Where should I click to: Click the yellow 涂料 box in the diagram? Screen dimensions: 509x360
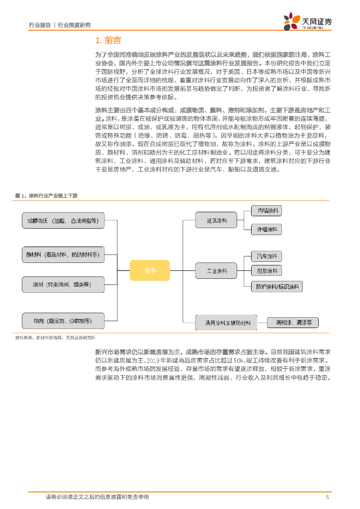[x=150, y=270]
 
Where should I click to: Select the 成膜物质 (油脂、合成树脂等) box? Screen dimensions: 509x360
[x=63, y=220]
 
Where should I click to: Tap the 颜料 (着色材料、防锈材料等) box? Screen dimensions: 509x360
[x=63, y=254]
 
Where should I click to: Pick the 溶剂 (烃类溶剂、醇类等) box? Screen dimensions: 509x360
[x=63, y=284]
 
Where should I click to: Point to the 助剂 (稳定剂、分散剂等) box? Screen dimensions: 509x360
[x=63, y=321]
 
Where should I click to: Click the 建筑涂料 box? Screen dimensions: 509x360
[x=217, y=220]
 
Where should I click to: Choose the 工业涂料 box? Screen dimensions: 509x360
[x=217, y=271]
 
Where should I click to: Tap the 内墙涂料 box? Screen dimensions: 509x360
[x=266, y=211]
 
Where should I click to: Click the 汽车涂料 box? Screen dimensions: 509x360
[x=266, y=256]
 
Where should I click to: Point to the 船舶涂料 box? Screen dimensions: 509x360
[x=266, y=271]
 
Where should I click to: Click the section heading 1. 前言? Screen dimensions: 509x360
[x=108, y=40]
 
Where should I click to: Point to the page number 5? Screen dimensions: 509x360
[x=327, y=497]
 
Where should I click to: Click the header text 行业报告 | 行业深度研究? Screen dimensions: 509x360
[x=60, y=25]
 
